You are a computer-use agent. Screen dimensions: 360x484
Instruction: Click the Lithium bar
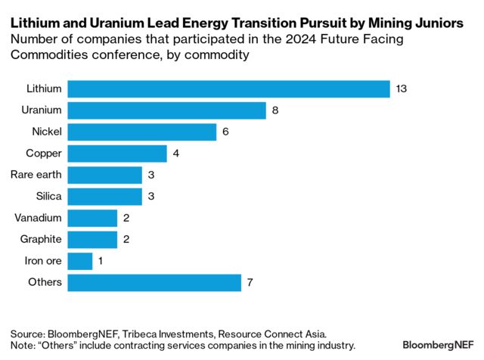228,89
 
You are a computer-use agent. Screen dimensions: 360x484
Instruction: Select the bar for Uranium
166,111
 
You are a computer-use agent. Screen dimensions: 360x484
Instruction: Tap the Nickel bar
141,132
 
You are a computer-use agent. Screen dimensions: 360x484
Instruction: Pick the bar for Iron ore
79,262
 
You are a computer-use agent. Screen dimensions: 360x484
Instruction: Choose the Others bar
154,283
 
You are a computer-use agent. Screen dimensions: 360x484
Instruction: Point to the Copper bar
117,154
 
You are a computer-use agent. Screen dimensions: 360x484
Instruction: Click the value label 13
402,89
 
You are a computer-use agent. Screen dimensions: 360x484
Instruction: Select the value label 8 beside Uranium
275,111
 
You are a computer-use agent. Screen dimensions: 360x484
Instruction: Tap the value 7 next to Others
250,283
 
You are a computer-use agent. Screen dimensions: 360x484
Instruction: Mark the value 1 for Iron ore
101,262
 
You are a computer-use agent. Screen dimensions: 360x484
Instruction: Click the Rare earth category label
36,175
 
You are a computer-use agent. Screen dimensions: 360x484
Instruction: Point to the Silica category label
48,197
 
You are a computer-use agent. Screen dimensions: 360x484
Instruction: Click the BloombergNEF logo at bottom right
438,344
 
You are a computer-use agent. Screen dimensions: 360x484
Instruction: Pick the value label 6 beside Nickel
226,132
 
